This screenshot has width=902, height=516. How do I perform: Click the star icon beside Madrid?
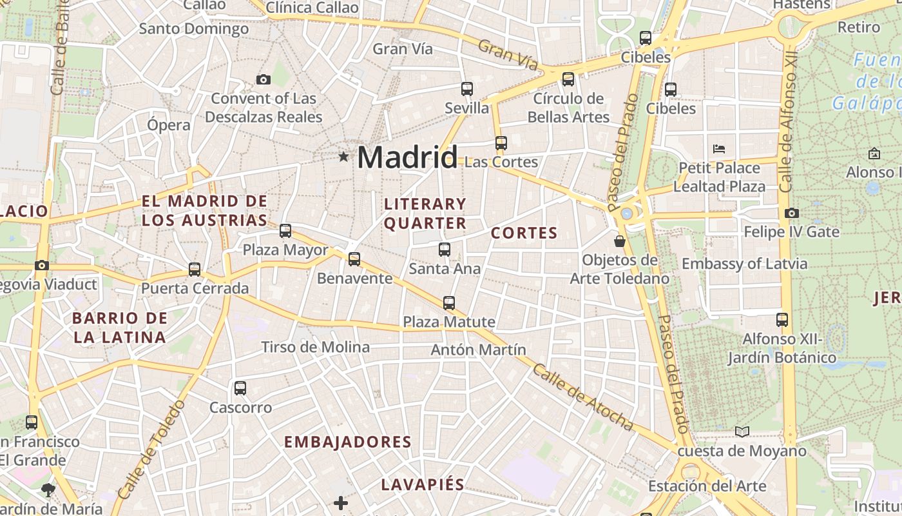pos(343,156)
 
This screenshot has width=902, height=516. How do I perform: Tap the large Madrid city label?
pos(407,157)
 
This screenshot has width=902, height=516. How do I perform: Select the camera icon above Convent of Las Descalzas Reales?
pos(263,80)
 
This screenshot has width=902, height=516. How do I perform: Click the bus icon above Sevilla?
pos(467,89)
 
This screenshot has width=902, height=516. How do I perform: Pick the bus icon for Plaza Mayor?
pos(285,231)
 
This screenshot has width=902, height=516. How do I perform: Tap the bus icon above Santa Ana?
pos(445,250)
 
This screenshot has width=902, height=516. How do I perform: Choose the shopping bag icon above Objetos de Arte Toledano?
pos(620,241)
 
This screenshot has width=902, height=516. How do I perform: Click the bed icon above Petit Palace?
pos(719,149)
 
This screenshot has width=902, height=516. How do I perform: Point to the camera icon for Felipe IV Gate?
pos(792,213)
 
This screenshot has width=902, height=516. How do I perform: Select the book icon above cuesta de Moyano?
pos(742,432)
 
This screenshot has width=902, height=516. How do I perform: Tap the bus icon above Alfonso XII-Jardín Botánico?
pos(782,320)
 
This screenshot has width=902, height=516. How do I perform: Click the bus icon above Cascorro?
pos(240,388)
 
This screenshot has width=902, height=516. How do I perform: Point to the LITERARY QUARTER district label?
pos(425,213)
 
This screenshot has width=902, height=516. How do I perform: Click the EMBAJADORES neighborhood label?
pos(348,442)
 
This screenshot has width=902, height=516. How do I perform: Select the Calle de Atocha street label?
pos(584,397)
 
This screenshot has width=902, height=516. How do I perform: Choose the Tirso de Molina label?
pos(316,347)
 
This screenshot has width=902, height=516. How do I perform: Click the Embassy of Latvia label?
pos(744,264)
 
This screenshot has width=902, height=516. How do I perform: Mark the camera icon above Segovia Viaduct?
pos(42,265)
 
